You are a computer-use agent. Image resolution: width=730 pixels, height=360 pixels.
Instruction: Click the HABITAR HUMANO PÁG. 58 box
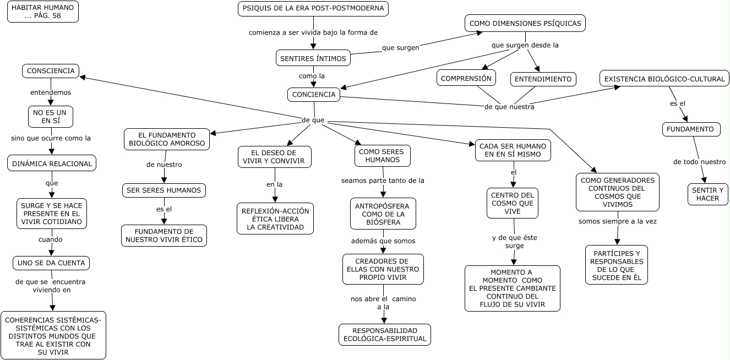coord(43,12)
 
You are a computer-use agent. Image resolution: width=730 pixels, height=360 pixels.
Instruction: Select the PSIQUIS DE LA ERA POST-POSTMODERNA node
coord(313,9)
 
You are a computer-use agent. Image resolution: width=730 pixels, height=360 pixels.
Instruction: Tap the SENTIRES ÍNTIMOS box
coord(313,58)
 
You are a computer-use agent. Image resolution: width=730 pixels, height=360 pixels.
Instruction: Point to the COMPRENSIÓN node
coord(466,78)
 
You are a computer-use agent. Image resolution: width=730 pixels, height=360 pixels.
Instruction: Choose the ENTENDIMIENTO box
coord(543,79)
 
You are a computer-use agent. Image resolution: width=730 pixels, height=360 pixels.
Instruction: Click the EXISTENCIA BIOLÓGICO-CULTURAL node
coord(664,79)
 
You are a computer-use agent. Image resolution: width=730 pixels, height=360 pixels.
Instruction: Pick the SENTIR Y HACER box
coord(707,194)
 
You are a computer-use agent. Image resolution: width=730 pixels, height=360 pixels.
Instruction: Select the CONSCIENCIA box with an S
coord(51,71)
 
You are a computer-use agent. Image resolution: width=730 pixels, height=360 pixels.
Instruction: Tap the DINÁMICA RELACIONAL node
coord(52,163)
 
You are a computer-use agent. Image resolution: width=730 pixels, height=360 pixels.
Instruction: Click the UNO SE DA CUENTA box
coord(51,263)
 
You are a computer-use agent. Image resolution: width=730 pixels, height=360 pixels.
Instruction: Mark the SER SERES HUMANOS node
coord(164,190)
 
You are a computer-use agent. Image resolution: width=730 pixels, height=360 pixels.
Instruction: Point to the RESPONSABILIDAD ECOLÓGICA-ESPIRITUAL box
coord(385,335)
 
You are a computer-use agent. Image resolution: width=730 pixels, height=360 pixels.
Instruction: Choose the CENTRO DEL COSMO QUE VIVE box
coord(513,203)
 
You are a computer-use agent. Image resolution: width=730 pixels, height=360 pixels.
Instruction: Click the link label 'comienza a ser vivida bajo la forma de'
coord(313,32)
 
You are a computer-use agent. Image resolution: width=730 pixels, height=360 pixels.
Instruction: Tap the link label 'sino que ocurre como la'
coord(51,138)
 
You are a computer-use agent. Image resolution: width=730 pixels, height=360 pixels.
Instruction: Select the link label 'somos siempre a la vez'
coord(617,221)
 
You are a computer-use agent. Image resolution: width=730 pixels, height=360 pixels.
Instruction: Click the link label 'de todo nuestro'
coord(699,162)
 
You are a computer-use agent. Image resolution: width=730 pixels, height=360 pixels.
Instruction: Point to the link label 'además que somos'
coord(383,241)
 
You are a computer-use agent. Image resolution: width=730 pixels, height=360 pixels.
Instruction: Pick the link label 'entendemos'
coord(51,92)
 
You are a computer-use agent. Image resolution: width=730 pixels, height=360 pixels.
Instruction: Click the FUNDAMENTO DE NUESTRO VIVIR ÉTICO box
coord(164,236)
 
